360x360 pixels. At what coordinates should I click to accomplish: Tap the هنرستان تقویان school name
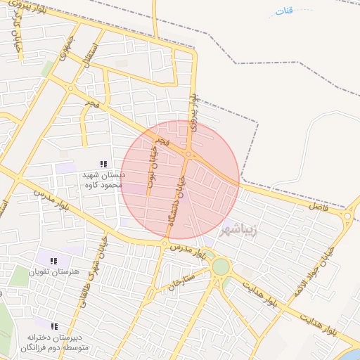pos(54,271)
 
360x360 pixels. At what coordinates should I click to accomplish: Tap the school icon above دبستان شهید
pos(103,165)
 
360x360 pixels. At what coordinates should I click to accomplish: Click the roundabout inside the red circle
pos(188,154)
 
